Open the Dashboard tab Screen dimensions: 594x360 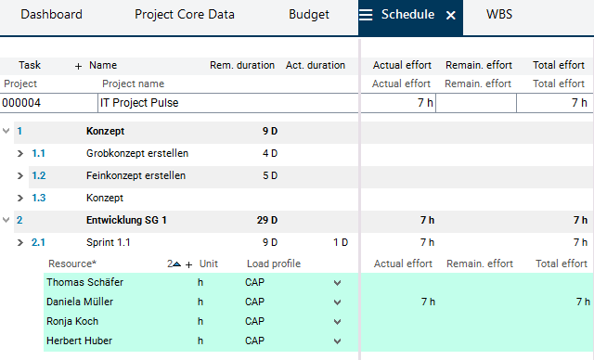pos(52,15)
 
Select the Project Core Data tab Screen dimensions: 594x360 pos(185,15)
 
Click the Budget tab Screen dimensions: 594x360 pos(309,15)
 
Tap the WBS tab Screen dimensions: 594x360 pos(499,15)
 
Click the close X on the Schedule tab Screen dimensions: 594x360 pos(450,15)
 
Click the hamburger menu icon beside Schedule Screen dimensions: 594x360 pos(366,15)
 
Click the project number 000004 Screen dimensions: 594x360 pos(21,103)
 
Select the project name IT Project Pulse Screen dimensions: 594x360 pos(139,103)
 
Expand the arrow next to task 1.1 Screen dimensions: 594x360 pos(20,154)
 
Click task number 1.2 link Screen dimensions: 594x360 pos(39,175)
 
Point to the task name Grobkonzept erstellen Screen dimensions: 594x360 pos(137,153)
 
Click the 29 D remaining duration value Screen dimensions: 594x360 pos(267,220)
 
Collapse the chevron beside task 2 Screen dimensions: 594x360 pos(6,220)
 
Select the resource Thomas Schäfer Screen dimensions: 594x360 pos(84,282)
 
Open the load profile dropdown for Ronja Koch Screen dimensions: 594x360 pos(337,322)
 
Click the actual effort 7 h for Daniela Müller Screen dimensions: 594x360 pos(428,302)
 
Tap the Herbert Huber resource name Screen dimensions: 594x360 pos(79,341)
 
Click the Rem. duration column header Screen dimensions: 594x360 pos(242,65)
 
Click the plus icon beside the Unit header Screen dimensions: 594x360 pos(189,264)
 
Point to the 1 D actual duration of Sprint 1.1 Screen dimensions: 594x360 pos(341,243)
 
